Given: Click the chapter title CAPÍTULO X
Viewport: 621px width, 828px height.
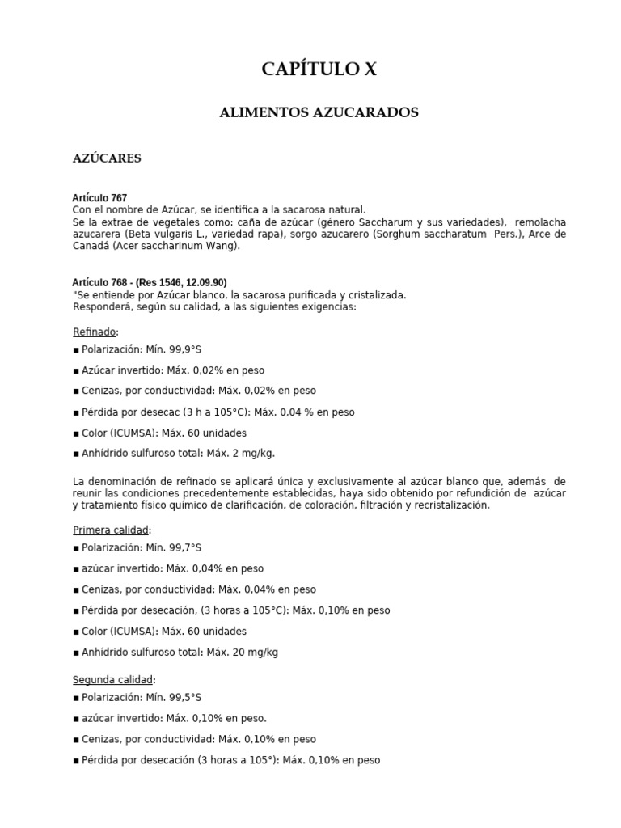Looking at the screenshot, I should (x=319, y=70).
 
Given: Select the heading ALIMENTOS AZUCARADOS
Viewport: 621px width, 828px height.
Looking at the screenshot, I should (x=319, y=112).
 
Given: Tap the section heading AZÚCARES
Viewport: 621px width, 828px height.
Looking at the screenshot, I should (x=107, y=158).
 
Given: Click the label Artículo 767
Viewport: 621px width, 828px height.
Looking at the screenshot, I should (x=99, y=198).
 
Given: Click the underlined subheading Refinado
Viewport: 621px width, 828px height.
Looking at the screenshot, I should (x=95, y=332).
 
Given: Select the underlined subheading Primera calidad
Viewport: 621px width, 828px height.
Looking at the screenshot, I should (x=111, y=530).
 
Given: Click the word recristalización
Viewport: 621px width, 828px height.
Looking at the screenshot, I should (x=450, y=505).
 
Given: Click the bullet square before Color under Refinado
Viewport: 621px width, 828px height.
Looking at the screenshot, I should (x=76, y=433).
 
